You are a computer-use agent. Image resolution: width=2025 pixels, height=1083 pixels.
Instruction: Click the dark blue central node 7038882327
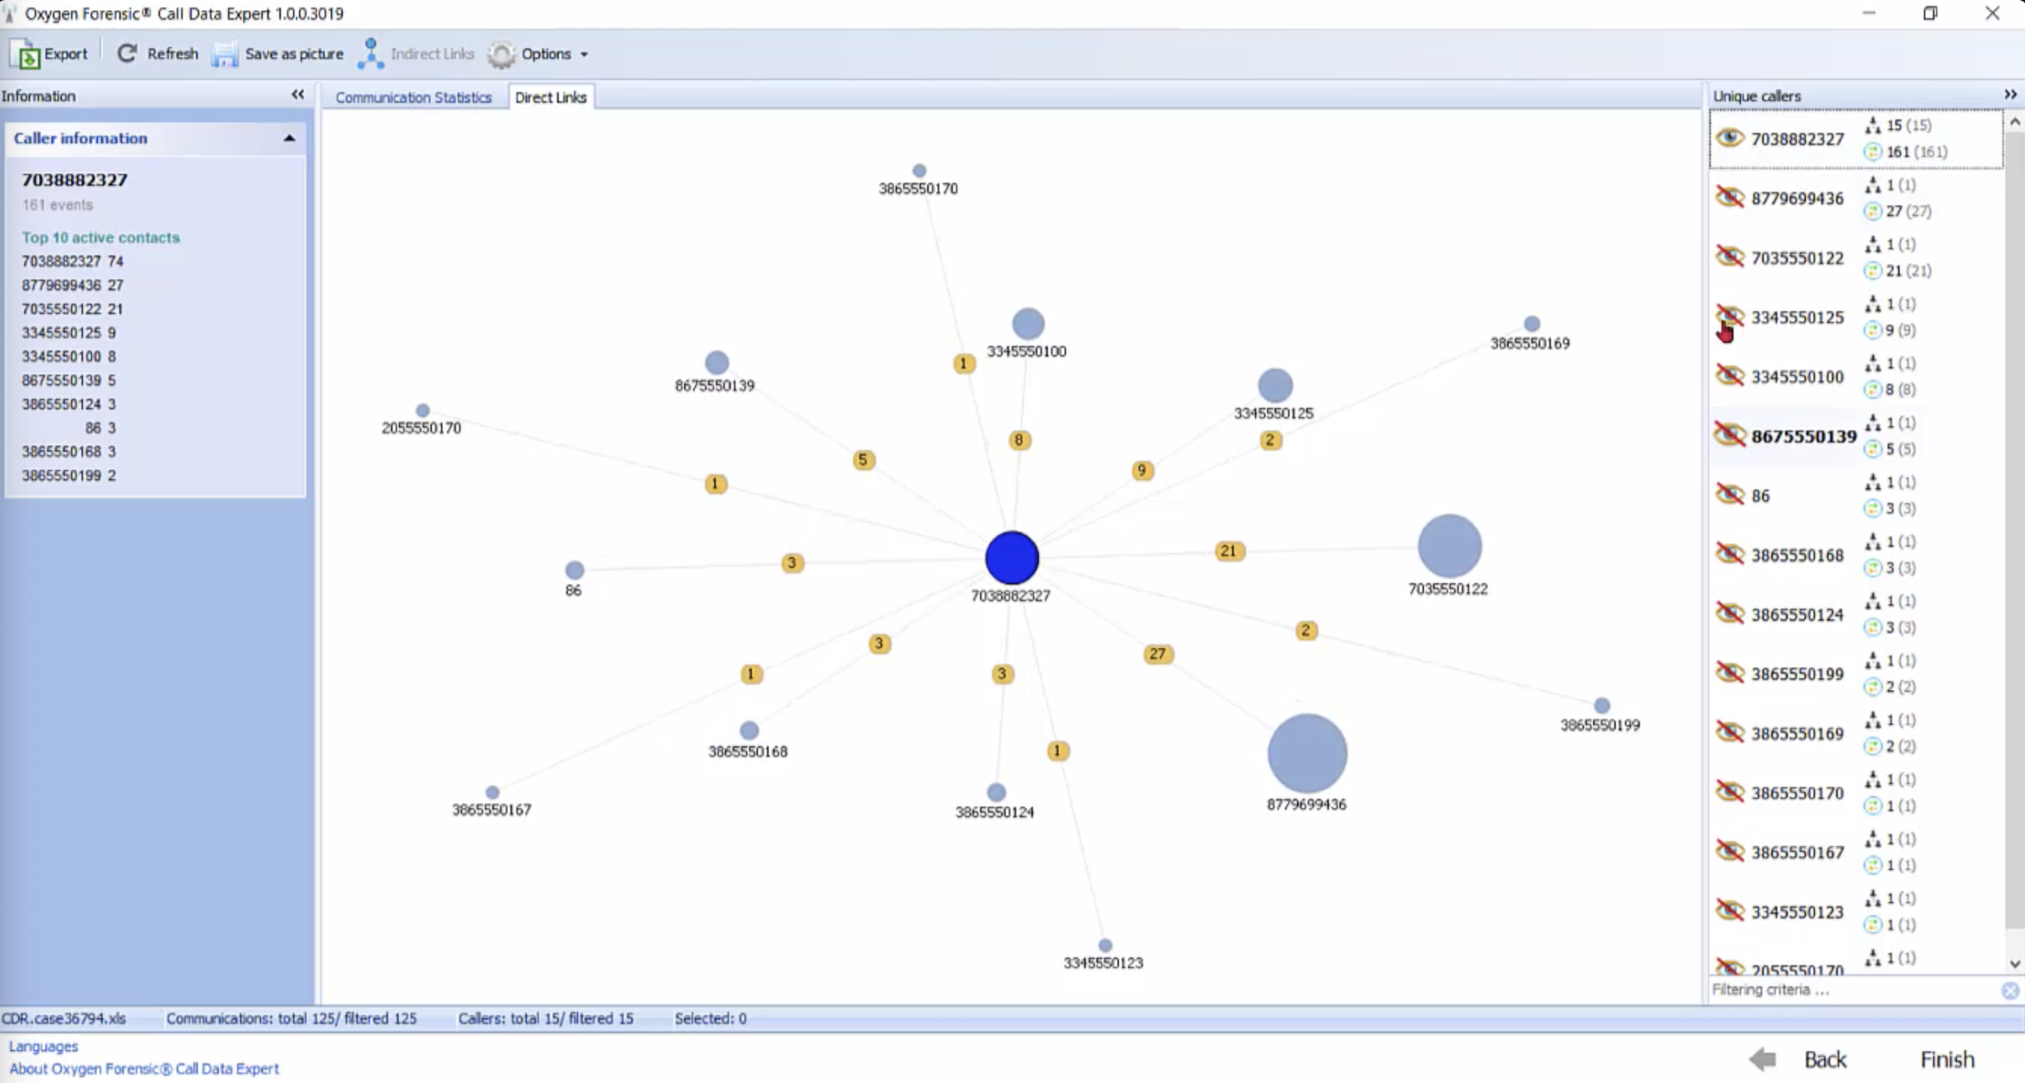(x=1012, y=557)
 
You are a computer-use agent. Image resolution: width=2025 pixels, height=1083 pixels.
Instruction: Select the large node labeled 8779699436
(x=1306, y=754)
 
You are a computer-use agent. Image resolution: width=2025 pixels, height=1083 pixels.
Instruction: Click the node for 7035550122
(x=1450, y=546)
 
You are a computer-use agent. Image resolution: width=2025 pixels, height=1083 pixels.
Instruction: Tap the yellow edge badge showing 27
(x=1157, y=653)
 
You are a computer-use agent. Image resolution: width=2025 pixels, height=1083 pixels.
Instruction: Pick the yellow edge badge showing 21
(x=1228, y=551)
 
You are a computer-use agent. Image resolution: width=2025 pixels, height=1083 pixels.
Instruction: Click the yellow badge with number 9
(x=1142, y=471)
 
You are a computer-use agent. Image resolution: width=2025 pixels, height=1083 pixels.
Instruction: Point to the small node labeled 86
(x=575, y=569)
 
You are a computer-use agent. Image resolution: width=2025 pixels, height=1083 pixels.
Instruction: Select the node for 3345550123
(x=1105, y=946)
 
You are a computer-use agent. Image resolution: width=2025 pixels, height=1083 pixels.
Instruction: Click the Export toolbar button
(x=50, y=54)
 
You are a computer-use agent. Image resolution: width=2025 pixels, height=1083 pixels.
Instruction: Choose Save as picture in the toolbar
(x=279, y=54)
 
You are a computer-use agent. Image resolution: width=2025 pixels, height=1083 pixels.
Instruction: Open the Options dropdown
(x=538, y=54)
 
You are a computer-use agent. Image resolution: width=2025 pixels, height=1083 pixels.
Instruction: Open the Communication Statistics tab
(x=414, y=97)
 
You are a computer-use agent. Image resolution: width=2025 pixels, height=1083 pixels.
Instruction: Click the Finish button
(x=1947, y=1060)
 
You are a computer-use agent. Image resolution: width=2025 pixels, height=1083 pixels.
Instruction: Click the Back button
(x=1799, y=1060)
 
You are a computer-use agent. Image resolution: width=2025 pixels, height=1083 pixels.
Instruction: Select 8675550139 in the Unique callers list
(x=1803, y=437)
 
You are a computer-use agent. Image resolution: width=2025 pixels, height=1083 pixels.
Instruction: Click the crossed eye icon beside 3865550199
(x=1730, y=672)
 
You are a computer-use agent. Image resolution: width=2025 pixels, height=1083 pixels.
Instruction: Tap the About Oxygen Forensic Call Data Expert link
(x=144, y=1069)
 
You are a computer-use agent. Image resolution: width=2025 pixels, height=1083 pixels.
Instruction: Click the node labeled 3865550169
(x=1532, y=323)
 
